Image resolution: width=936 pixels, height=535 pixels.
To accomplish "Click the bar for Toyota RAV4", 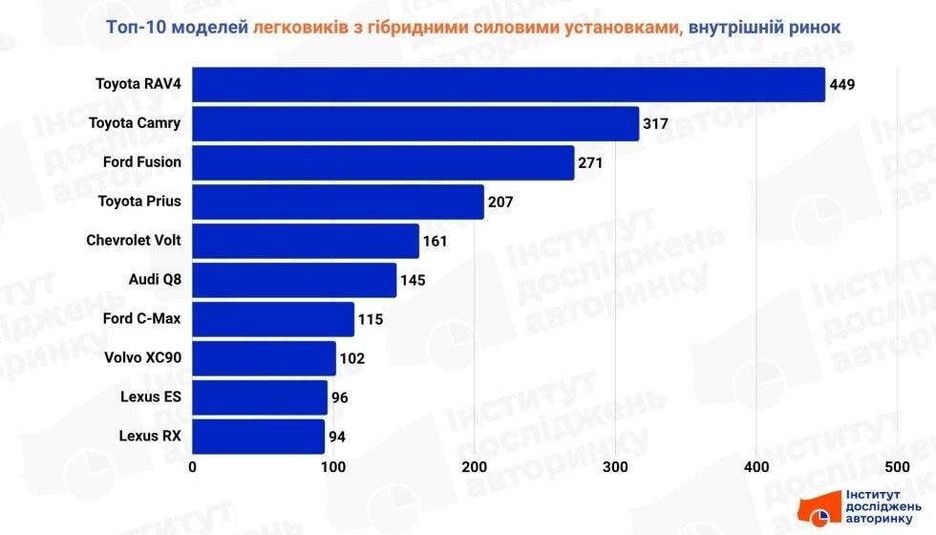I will tap(508, 84).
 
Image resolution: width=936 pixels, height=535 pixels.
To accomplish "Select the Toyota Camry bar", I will tap(415, 123).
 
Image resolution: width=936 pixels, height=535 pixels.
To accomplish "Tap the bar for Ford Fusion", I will tap(383, 162).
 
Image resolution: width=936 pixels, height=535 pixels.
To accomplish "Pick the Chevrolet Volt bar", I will tap(306, 241).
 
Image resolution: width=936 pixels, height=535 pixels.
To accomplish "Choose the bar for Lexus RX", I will tap(259, 437).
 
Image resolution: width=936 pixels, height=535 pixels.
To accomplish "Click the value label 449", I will tap(841, 85).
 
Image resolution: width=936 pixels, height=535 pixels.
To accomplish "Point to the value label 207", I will tap(500, 202).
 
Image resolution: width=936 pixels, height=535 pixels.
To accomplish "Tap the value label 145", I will tap(413, 280).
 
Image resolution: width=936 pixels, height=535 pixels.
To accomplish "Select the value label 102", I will tap(351, 358).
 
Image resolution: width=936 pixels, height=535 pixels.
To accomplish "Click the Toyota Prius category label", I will tap(139, 201).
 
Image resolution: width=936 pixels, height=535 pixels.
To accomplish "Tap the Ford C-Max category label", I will tap(141, 318).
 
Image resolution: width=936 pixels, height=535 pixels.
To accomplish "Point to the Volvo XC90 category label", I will tap(142, 357).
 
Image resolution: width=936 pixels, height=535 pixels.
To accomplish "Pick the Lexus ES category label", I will tap(151, 396).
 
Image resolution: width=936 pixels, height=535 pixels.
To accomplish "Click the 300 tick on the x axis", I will tap(616, 467).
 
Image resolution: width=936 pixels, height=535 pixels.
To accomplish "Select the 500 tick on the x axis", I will tap(897, 467).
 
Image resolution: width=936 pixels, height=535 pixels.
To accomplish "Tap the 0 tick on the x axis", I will tap(193, 467).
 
